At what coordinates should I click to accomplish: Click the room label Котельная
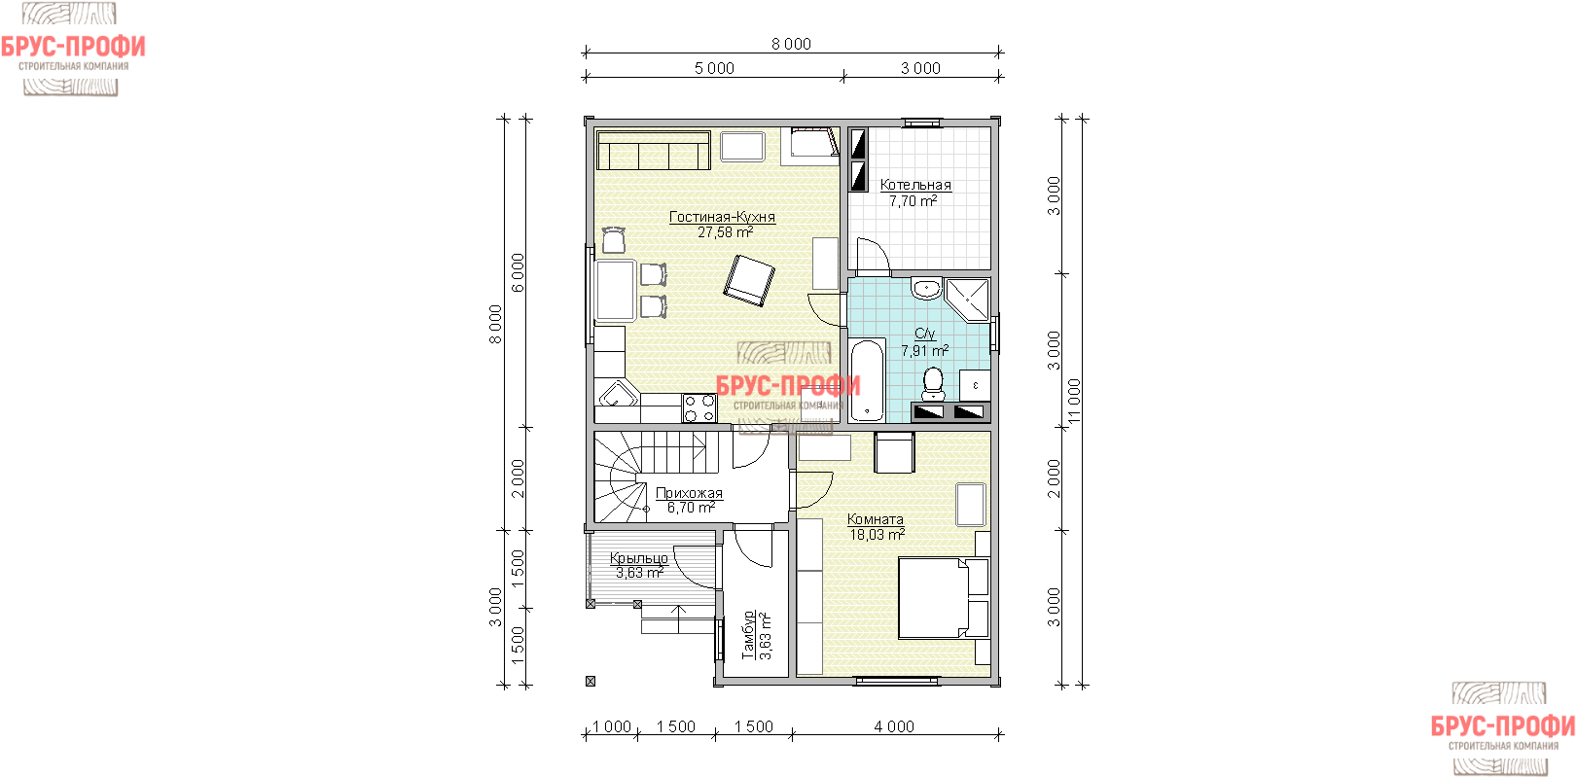[x=915, y=185]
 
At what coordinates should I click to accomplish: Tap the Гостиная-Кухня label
[x=722, y=217]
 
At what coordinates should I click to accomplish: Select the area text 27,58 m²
[x=726, y=232]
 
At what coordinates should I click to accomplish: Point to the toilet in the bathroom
[x=933, y=383]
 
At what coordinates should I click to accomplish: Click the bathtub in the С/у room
[x=868, y=380]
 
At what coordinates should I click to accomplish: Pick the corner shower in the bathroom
[x=968, y=300]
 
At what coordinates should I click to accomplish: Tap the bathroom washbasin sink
[x=926, y=288]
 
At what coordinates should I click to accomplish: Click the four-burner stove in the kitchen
[x=699, y=407]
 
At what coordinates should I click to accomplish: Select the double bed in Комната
[x=944, y=598]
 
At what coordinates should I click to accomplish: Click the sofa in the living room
[x=654, y=150]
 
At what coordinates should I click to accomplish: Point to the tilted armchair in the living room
[x=749, y=281]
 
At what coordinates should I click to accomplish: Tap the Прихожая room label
[x=689, y=493]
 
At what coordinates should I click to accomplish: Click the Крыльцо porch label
[x=639, y=558]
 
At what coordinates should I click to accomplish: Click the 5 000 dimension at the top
[x=714, y=68]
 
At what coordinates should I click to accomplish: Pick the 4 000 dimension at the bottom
[x=894, y=726]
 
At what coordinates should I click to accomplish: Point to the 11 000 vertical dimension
[x=1074, y=402]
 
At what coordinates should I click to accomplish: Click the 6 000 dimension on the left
[x=518, y=273]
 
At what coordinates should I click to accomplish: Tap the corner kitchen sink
[x=617, y=395]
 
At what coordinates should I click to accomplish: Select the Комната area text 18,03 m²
[x=877, y=535]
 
